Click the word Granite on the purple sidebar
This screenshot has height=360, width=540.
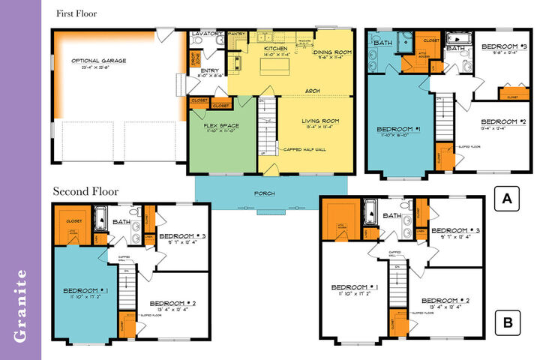[21, 304]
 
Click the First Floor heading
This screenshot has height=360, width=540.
[76, 13]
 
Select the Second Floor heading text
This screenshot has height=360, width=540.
[85, 191]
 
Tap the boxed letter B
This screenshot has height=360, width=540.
[507, 324]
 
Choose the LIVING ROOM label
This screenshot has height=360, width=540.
[321, 121]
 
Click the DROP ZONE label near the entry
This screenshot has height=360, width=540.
[196, 58]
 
